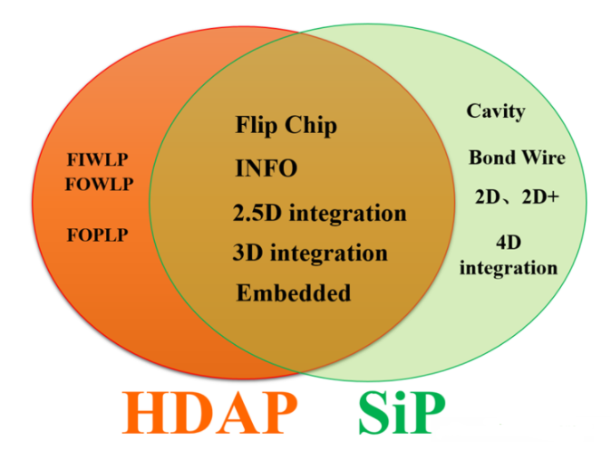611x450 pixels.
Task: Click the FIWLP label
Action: pos(97,159)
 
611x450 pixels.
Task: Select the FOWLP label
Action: pos(99,184)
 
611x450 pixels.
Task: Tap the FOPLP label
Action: pos(97,235)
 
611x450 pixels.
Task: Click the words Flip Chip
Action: pos(286,126)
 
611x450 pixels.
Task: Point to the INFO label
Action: pos(267,168)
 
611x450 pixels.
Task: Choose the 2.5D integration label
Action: pos(319,214)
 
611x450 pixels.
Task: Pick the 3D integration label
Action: pos(310,253)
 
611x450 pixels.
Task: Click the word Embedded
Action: pos(294,292)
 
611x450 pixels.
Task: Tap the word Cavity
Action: pos(496,111)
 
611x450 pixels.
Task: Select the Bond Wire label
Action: pos(517,158)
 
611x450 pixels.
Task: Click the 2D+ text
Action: pos(540,197)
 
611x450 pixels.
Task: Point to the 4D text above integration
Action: pos(509,243)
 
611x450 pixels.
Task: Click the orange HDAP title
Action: pos(209,413)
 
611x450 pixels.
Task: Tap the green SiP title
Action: pos(402,413)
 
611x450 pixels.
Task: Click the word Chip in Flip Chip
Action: pos(311,126)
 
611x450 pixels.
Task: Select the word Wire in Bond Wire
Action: pos(544,158)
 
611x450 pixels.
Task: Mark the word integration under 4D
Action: pos(509,268)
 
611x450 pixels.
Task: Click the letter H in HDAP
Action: pos(144,413)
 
